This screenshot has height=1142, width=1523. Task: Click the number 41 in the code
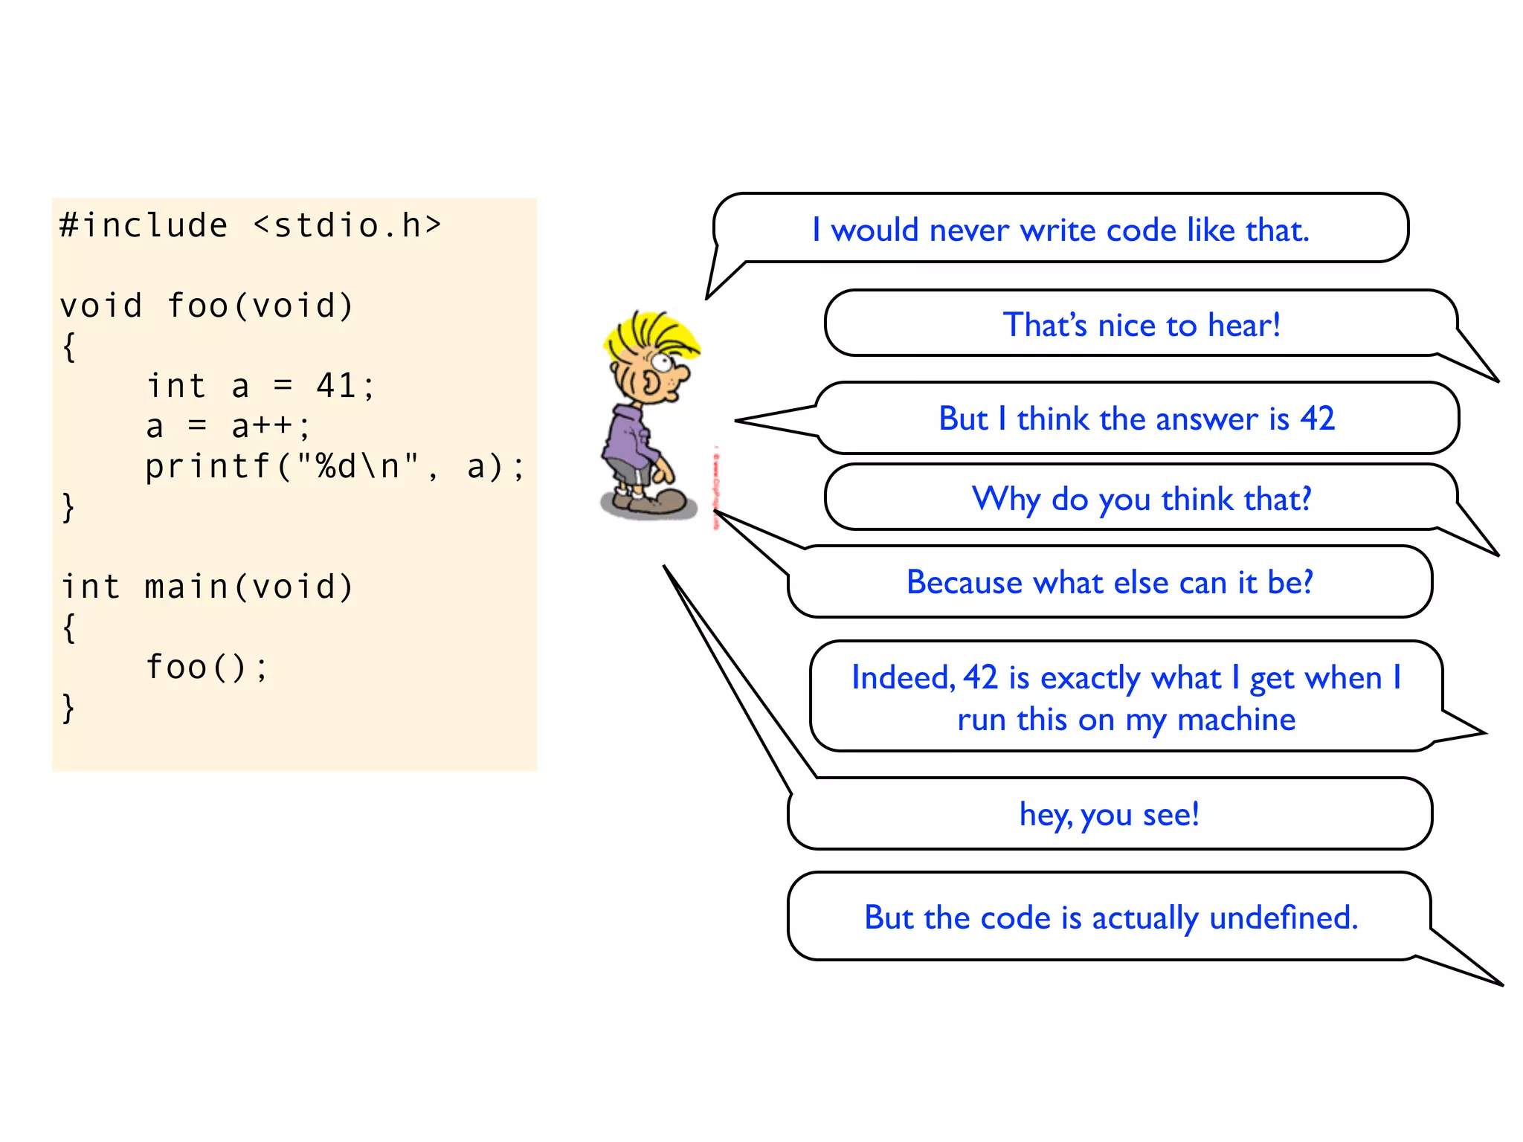335,386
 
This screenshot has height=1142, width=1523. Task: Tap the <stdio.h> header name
347,225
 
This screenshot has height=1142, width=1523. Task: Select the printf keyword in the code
207,467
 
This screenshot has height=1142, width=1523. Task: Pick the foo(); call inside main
206,667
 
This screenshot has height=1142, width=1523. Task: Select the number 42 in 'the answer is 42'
1317,419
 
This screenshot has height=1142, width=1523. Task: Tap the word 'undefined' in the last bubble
1284,917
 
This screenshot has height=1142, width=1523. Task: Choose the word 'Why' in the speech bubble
1005,499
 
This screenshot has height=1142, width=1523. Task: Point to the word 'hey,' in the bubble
1046,815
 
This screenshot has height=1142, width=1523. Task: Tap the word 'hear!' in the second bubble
1243,325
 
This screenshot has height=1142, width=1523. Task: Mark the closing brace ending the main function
68,708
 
